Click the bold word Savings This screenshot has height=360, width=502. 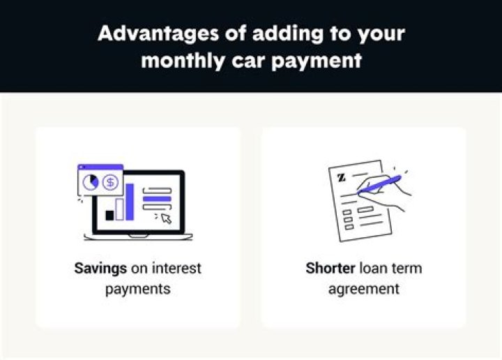pos(100,268)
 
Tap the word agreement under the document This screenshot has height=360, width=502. pos(363,288)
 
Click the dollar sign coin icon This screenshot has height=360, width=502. pos(110,182)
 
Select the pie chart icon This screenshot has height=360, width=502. pos(91,182)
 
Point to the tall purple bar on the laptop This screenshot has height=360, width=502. pos(128,201)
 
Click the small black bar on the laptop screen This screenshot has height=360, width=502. pos(109,215)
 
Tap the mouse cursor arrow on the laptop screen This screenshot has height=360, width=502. pos(166,218)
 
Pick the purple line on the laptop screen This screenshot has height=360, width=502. pos(156,199)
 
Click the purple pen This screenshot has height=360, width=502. pos(379,184)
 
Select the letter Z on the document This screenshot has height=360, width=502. pos(341,177)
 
